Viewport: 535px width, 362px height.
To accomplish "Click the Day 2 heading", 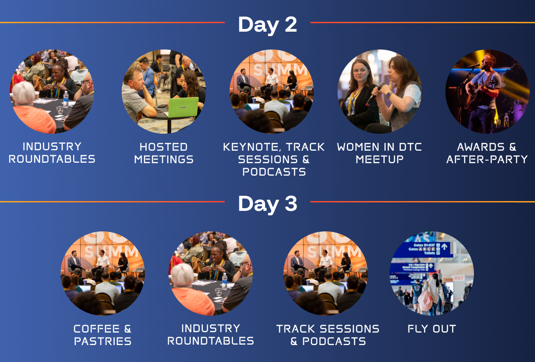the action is [267, 25].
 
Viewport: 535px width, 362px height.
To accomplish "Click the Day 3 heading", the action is [267, 204].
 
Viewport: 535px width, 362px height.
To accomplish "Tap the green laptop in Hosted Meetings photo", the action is [183, 107].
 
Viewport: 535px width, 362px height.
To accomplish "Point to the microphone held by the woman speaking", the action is [375, 94].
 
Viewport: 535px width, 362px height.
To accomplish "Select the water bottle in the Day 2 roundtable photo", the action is [66, 99].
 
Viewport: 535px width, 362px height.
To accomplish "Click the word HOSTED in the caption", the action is [164, 147].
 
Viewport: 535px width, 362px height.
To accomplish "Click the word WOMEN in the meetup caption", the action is [358, 147].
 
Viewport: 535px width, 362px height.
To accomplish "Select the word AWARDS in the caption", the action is [481, 147].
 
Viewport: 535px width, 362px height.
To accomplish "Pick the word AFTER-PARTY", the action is [487, 159].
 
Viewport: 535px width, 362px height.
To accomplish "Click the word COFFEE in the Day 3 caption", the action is [96, 329].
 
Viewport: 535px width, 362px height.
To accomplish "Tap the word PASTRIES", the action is [103, 341].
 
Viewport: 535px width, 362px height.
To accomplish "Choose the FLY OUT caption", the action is [432, 329].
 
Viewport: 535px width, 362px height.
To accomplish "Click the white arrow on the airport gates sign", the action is [444, 247].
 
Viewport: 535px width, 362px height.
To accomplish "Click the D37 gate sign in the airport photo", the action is [459, 278].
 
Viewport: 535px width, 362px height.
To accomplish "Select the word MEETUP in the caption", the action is [379, 159].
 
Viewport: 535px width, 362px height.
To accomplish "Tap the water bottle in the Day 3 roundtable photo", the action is [225, 281].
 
